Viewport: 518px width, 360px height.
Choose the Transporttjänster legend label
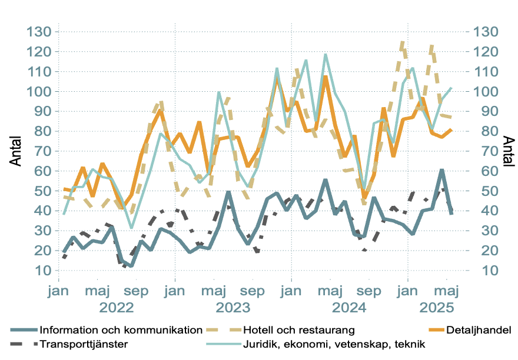pyautogui.click(x=85, y=344)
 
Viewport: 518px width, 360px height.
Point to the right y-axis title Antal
pyautogui.click(x=508, y=151)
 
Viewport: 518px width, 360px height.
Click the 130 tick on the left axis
pyautogui.click(x=39, y=32)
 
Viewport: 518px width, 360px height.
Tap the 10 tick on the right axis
pyautogui.click(x=477, y=271)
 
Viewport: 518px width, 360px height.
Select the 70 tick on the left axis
pyautogui.click(x=42, y=151)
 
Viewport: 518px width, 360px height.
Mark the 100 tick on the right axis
pyautogui.click(x=481, y=92)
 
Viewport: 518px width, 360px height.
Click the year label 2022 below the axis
pyautogui.click(x=116, y=308)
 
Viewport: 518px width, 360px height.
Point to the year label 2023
pyautogui.click(x=233, y=308)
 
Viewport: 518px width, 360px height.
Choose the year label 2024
pyautogui.click(x=349, y=308)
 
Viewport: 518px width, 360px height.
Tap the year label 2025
pyautogui.click(x=436, y=308)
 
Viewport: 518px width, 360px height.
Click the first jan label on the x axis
pyautogui.click(x=58, y=291)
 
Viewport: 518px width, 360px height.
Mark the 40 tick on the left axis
pyautogui.click(x=42, y=211)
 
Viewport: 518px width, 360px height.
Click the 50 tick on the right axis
pyautogui.click(x=477, y=191)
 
